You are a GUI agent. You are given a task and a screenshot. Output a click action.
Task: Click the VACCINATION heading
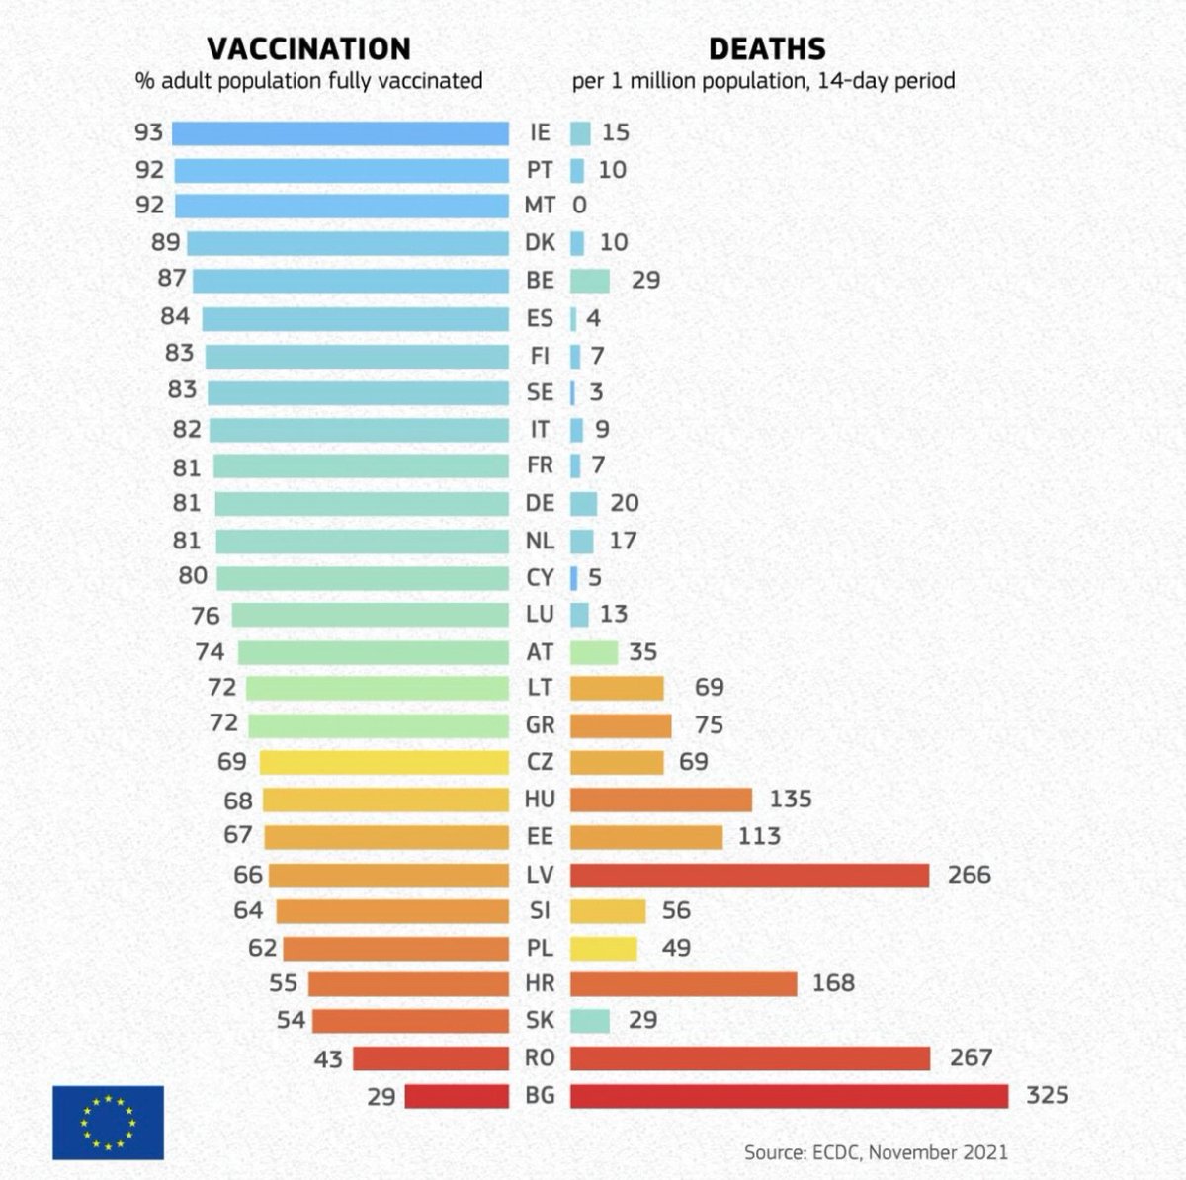click(308, 48)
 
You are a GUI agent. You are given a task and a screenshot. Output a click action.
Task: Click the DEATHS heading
click(767, 48)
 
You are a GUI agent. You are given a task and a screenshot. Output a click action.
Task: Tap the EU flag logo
click(108, 1122)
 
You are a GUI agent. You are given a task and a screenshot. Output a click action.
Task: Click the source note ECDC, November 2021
click(876, 1152)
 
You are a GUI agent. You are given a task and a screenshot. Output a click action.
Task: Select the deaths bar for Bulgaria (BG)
click(789, 1096)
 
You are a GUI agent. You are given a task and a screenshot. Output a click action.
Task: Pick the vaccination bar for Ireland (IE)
click(340, 133)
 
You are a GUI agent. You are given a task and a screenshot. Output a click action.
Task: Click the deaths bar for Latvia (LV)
click(749, 875)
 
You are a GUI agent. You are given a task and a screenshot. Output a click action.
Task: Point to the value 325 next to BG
click(1047, 1096)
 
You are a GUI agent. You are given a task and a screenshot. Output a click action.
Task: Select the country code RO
click(540, 1058)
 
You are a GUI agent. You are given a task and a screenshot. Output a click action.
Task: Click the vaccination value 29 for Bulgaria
click(381, 1097)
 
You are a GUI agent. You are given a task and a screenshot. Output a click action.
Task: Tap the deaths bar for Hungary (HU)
click(660, 800)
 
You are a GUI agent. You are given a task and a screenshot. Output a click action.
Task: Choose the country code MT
click(540, 206)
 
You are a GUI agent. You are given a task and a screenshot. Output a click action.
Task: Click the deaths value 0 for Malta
click(579, 206)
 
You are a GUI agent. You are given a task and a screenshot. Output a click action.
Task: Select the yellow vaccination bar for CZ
click(383, 762)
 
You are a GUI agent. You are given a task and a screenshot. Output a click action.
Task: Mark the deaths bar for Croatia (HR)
click(683, 984)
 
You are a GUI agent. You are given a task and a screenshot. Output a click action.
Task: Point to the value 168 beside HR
click(833, 984)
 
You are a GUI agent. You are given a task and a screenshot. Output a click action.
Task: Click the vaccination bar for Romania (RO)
click(430, 1058)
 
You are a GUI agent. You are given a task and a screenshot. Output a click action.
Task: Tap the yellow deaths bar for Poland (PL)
click(603, 949)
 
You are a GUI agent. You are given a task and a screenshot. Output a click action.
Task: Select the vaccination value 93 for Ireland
click(149, 132)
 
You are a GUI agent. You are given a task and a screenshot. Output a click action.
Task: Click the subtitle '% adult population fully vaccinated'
click(308, 81)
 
